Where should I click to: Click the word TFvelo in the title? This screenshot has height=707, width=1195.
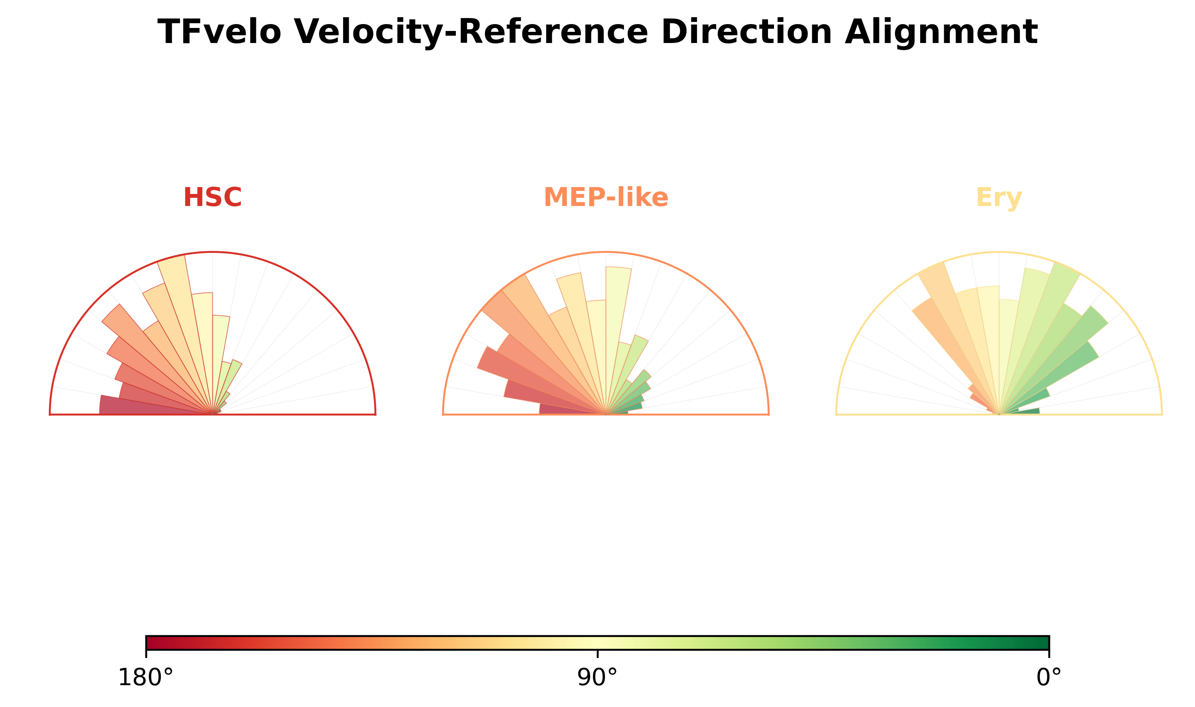point(219,32)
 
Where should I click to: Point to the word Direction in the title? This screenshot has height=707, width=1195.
point(746,32)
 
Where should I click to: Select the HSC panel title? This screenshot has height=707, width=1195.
point(212,197)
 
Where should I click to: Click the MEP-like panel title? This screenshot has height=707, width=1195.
point(606,197)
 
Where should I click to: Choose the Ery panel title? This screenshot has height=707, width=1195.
point(999,198)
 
